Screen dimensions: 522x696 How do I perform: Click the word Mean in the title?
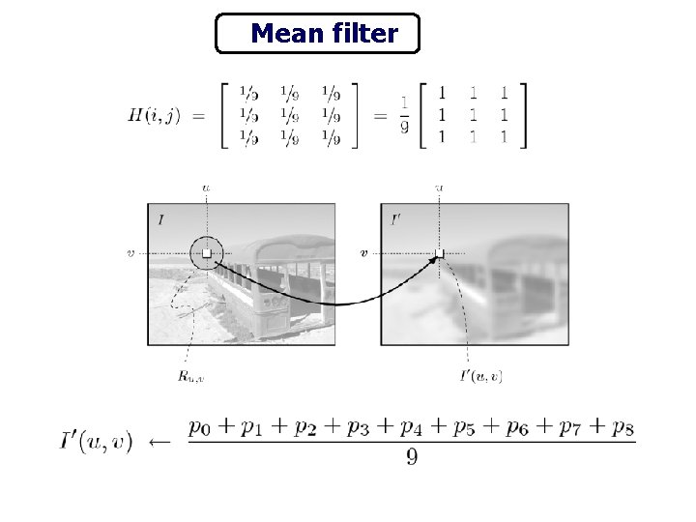pos(285,35)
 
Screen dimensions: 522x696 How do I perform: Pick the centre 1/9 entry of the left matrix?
pos(287,116)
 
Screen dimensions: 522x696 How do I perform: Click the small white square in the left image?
pos(206,252)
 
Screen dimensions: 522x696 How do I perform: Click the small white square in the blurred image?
pos(439,253)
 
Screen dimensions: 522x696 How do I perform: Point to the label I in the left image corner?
pos(159,219)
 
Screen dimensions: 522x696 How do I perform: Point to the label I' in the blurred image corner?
pos(394,219)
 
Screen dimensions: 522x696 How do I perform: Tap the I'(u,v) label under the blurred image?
pos(480,376)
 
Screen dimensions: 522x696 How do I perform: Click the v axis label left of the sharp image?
pos(131,253)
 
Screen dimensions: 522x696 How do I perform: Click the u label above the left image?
pos(206,188)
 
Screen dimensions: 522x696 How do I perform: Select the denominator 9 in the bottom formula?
pos(412,457)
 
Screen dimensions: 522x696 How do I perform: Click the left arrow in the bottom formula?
pos(159,442)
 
